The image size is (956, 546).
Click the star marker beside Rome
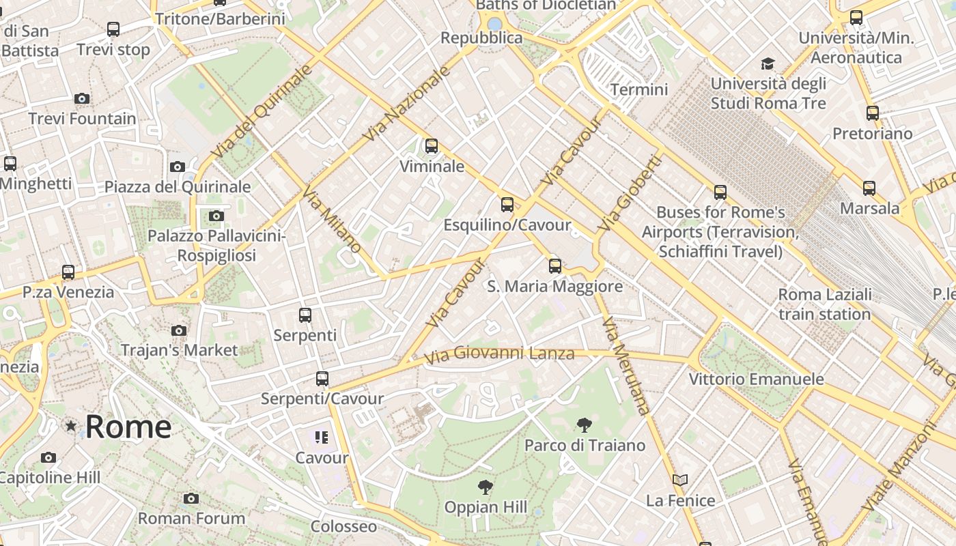coord(71,426)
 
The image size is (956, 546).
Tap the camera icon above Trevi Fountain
coord(82,99)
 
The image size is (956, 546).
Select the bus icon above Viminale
coord(431,146)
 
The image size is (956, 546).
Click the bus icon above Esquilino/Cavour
coord(507,204)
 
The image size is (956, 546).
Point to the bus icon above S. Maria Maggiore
coord(555,266)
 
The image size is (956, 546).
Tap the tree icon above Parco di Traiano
coord(584,426)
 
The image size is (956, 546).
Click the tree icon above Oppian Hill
coord(486,487)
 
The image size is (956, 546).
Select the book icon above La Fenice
coord(679,480)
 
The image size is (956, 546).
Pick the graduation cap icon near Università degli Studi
coord(768,64)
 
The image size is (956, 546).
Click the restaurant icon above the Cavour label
coord(322,437)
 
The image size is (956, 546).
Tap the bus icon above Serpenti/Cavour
coord(322,379)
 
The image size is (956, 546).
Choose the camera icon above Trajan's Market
coord(179,331)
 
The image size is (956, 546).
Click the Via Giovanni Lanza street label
coord(499,354)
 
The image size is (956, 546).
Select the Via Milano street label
coord(332,218)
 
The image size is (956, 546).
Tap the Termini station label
coord(639,89)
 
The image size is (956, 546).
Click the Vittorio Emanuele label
coord(756,379)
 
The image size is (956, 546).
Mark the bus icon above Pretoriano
coord(872,113)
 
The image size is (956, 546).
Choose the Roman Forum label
coord(191,518)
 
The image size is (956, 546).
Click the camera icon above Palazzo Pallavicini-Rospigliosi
coord(216,216)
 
